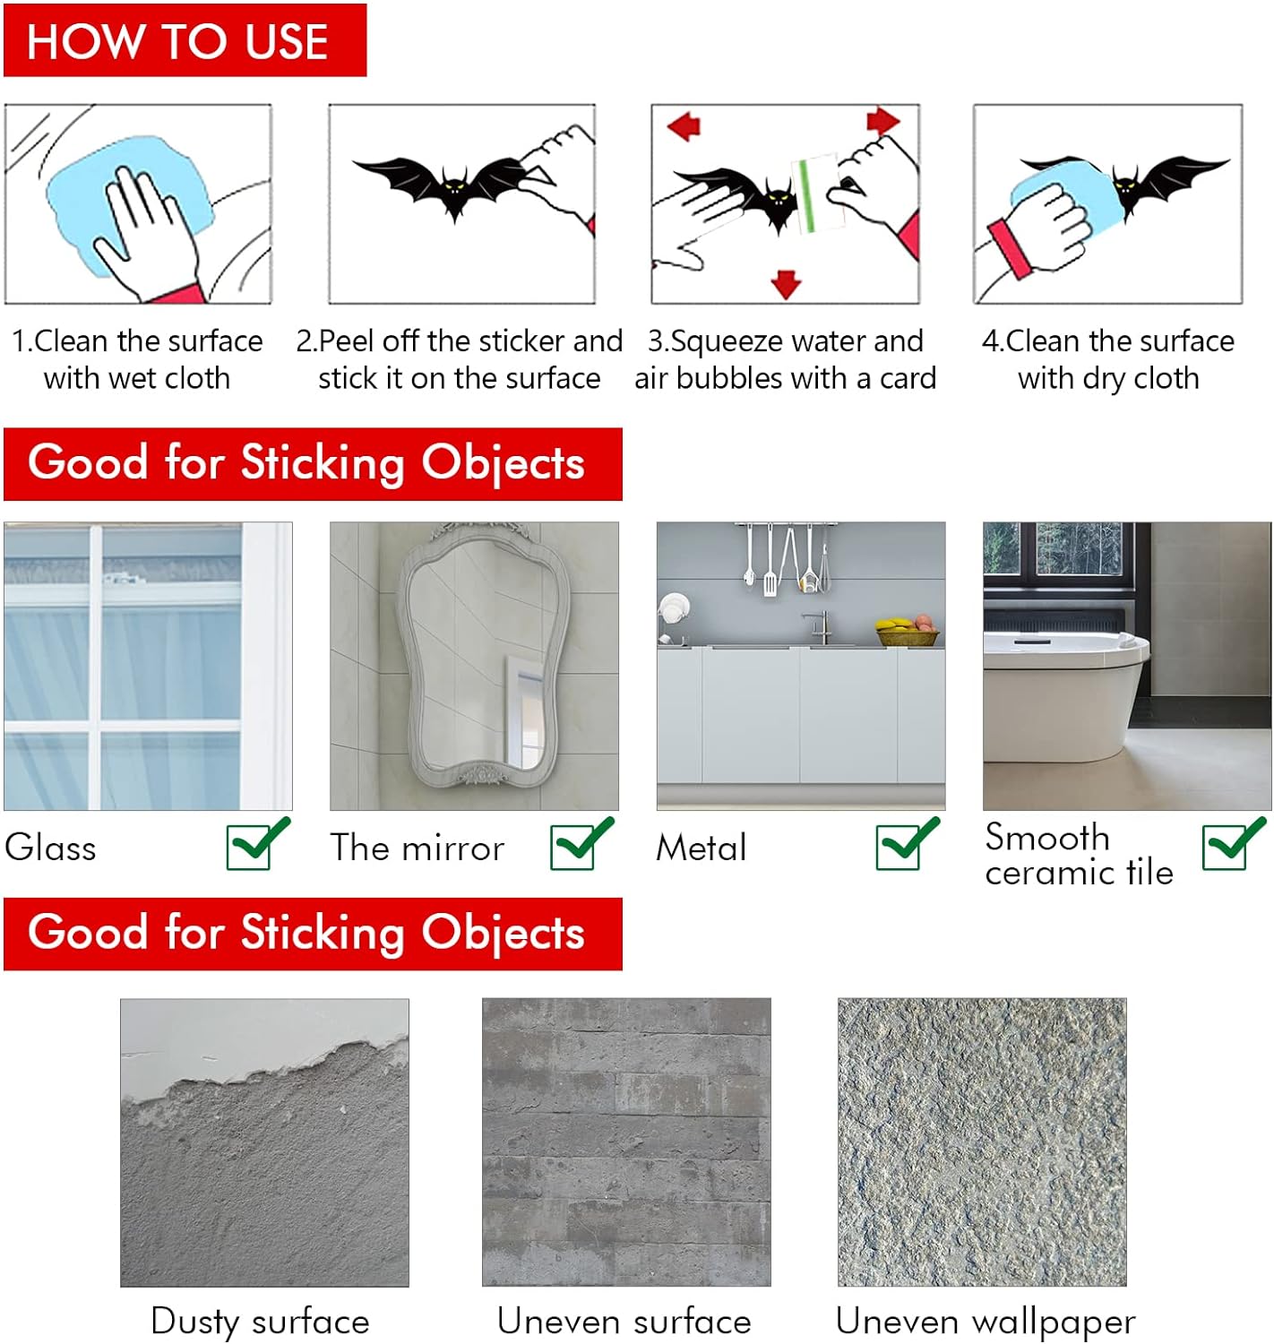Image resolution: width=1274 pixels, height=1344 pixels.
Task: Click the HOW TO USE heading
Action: tap(178, 41)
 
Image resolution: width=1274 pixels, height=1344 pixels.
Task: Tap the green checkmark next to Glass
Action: tap(257, 844)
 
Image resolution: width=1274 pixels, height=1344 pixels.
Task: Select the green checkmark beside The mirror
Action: tap(581, 844)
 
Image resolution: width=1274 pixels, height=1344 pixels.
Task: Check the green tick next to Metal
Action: tap(907, 844)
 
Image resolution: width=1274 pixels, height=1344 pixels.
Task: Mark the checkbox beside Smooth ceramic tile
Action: tap(1233, 844)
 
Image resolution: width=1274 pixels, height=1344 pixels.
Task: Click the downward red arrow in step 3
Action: tap(786, 284)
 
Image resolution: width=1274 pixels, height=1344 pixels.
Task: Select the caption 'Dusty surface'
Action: tap(260, 1322)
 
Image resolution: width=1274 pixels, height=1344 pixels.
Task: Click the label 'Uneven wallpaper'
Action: tap(986, 1322)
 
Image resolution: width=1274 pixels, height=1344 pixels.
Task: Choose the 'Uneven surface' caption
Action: tap(624, 1322)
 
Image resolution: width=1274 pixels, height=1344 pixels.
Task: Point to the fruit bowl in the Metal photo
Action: tap(908, 632)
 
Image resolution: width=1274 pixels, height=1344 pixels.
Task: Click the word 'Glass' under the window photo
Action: tap(50, 848)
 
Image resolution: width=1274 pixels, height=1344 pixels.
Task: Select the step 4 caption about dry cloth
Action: tap(1108, 359)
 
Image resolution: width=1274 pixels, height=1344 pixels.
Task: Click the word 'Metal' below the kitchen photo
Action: tap(701, 848)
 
